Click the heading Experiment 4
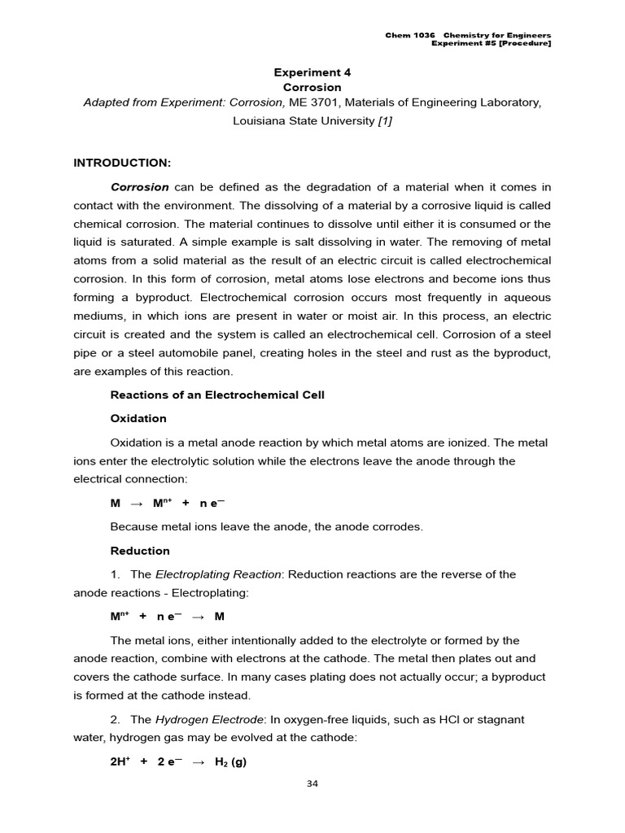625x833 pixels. click(312, 72)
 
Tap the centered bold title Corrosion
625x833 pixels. click(312, 87)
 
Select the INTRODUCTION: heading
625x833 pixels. click(122, 163)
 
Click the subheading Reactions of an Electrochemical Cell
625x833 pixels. click(216, 395)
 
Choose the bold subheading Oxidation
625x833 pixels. click(138, 418)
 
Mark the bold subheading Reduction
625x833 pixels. click(140, 551)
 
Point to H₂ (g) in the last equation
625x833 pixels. click(231, 762)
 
